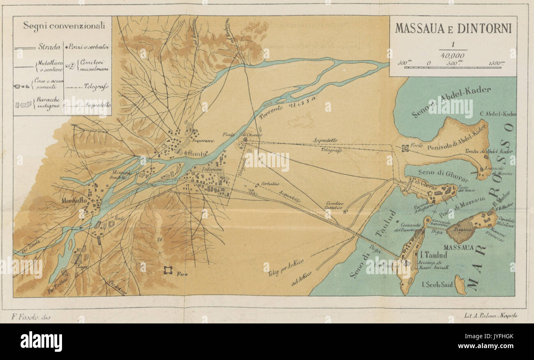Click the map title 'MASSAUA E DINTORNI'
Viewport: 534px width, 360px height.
tap(453, 29)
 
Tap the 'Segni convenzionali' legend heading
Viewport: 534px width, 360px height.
tap(64, 26)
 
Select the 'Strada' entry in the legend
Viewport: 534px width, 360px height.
tap(49, 46)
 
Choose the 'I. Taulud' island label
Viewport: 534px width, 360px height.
tap(435, 255)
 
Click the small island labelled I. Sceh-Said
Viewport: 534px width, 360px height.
tap(460, 285)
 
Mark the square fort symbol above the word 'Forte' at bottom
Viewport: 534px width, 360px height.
tap(168, 270)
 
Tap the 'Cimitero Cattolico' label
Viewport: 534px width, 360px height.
tap(334, 205)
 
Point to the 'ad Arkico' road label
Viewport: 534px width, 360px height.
tap(302, 278)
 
